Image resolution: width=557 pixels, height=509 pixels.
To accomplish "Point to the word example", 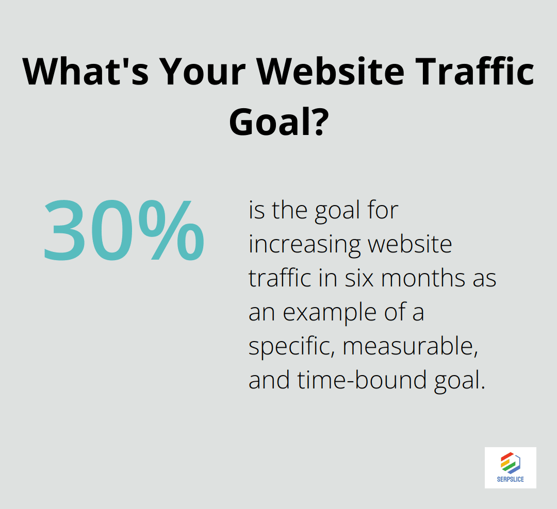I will click(334, 313).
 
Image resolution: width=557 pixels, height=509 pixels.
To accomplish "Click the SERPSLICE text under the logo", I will click(510, 480).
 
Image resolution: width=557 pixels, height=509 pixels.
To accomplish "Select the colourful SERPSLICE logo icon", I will click(510, 462).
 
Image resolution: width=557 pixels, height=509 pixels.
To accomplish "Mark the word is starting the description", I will click(255, 210).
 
